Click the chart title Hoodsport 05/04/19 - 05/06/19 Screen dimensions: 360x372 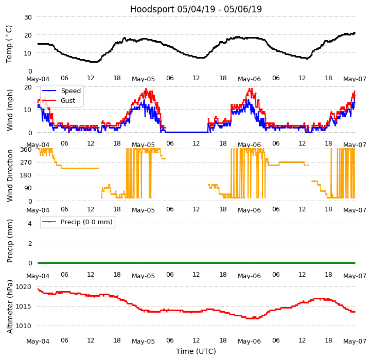coord(196,9)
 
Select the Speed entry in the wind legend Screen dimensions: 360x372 coord(70,91)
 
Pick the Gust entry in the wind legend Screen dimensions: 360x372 coord(68,101)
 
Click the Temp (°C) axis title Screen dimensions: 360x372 coord(9,44)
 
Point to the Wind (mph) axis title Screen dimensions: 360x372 coord(10,110)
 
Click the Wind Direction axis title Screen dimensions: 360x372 coord(10,175)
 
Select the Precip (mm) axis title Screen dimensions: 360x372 coord(10,241)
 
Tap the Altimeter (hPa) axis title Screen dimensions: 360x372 coord(10,307)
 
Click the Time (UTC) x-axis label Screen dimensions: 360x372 coord(196,351)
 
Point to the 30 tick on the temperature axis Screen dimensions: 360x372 coord(27,17)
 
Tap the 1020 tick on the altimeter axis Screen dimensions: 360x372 coord(23,286)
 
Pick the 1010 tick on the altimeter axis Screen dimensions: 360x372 coord(23,326)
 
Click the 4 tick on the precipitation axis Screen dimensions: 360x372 coord(29,223)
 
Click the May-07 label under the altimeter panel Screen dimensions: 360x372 coord(355,341)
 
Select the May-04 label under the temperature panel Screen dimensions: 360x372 coord(38,79)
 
